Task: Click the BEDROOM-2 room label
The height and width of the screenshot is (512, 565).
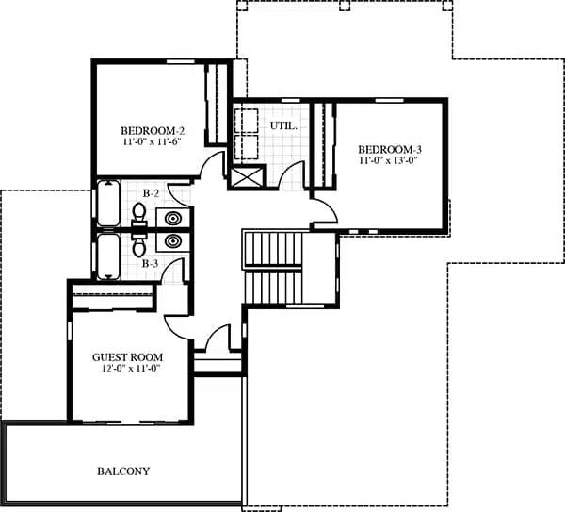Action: click(x=150, y=129)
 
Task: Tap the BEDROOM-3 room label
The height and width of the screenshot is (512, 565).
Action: click(x=388, y=149)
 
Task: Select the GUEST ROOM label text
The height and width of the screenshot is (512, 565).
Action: click(x=127, y=357)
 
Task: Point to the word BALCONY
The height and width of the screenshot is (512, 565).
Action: click(x=123, y=471)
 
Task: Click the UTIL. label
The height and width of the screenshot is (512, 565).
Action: click(x=283, y=124)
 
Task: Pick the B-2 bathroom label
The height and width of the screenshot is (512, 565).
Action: click(x=150, y=193)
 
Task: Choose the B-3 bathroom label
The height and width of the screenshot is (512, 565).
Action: click(x=150, y=263)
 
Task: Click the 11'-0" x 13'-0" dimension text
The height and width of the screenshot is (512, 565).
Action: click(x=388, y=161)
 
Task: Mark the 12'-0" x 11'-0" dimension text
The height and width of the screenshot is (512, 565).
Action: click(x=127, y=370)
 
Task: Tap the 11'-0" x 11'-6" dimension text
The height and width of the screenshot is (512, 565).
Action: click(x=150, y=141)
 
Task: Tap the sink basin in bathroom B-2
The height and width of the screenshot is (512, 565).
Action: click(x=174, y=219)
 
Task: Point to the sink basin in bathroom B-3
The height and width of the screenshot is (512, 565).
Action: click(x=174, y=241)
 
